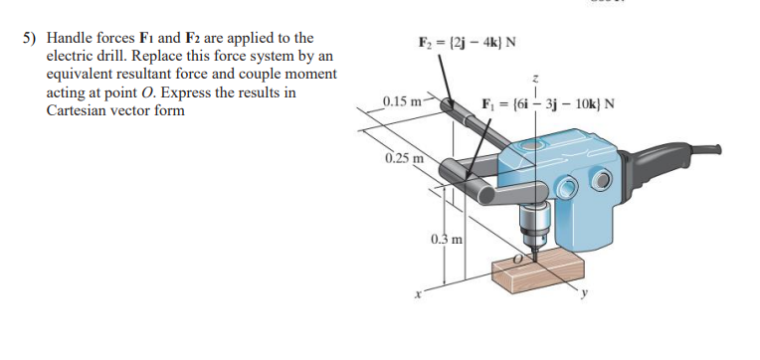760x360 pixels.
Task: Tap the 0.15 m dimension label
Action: (402, 100)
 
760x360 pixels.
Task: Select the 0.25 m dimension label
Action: (403, 158)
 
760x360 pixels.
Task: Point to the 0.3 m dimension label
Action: (446, 240)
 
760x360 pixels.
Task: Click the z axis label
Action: (536, 77)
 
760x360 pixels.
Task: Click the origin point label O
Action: (517, 258)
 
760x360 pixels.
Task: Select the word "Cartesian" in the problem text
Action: (77, 109)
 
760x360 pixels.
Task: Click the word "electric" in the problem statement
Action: (72, 57)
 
